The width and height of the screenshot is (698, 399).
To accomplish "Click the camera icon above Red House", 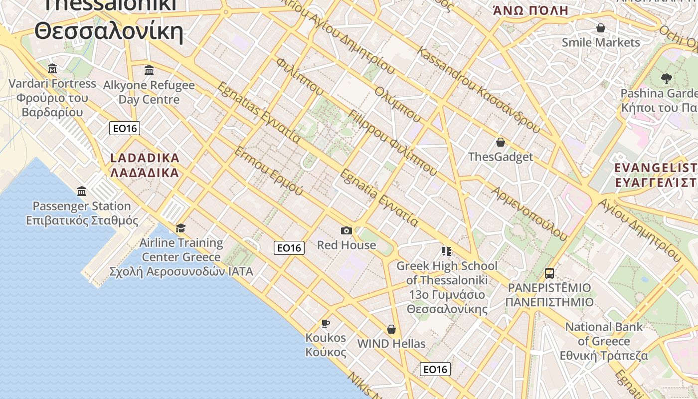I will point(347,230).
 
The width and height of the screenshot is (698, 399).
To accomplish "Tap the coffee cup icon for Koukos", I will point(326,323).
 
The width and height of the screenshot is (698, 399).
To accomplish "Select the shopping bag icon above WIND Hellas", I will point(391,329).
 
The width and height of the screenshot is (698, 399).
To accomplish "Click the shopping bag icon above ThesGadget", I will point(501,142).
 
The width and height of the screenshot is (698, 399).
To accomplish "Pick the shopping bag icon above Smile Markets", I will point(601,28).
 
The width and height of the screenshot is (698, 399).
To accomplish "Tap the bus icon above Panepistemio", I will point(549,273).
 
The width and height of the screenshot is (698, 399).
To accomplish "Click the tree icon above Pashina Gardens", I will point(666,78).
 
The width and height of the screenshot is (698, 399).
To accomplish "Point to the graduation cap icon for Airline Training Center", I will point(180,228).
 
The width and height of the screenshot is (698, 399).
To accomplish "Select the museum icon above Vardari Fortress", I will point(52,68).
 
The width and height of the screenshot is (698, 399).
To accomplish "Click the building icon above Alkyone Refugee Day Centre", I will point(149,70).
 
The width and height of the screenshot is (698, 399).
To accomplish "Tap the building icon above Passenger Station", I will point(82,191).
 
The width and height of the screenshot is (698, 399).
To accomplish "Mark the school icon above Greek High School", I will point(446,251).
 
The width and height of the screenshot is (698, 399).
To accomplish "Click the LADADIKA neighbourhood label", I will point(145,158).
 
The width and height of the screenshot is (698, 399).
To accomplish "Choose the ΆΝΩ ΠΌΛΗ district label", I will point(530,10).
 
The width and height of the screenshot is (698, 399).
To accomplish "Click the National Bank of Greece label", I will point(604,334).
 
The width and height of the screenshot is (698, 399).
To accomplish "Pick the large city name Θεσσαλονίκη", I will point(109,31).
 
